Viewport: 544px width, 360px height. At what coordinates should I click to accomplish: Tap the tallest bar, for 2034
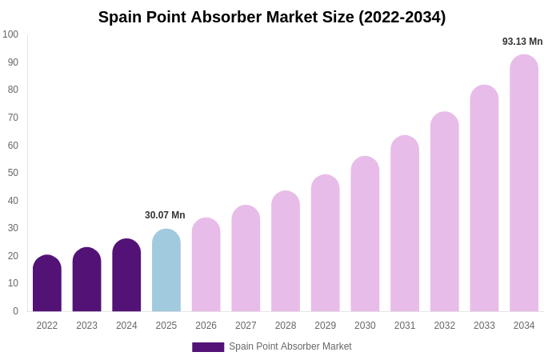(x=524, y=183)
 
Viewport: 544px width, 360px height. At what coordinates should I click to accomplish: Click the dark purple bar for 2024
(x=126, y=275)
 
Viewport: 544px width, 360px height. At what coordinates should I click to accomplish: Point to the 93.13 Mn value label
(x=522, y=42)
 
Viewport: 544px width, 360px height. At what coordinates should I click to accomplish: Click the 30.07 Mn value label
(x=165, y=215)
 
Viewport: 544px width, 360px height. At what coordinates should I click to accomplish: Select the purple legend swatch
(x=208, y=347)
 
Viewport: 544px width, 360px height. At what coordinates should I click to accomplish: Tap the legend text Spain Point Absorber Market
(x=290, y=346)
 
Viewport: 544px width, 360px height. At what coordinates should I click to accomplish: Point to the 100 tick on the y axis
(x=10, y=34)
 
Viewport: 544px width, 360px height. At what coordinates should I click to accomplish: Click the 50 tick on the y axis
(x=13, y=173)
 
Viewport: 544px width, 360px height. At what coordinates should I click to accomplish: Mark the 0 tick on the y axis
(x=15, y=311)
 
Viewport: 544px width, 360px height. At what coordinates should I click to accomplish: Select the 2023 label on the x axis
(x=86, y=326)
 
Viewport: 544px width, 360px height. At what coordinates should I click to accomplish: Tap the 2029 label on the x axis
(x=326, y=326)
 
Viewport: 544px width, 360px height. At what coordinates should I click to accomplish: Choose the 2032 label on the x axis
(x=445, y=326)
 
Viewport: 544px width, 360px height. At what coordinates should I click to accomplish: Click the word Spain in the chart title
(x=121, y=17)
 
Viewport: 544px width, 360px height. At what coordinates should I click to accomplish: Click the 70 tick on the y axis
(x=13, y=118)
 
